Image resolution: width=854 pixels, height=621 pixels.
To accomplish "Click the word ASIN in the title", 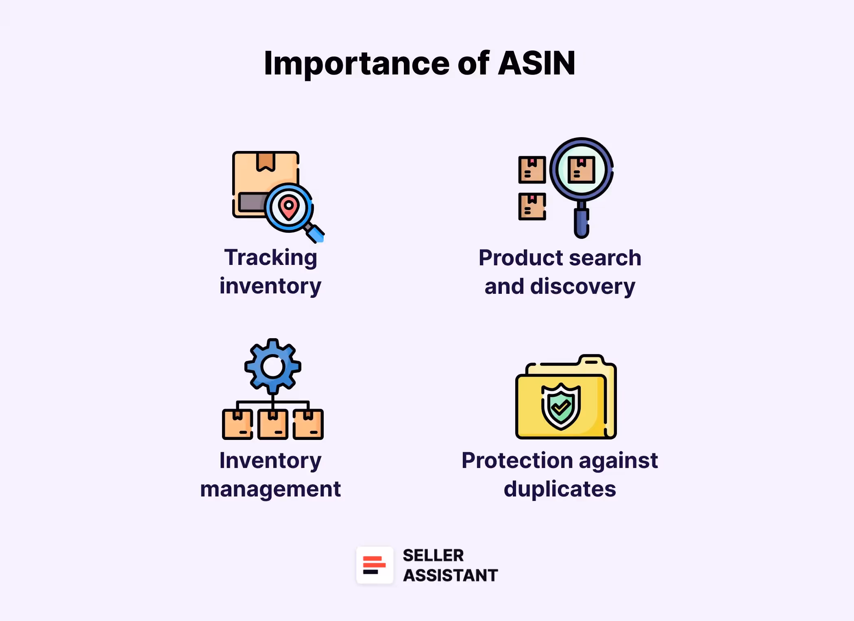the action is [x=536, y=63].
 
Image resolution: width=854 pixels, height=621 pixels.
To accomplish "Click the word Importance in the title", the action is [x=356, y=64].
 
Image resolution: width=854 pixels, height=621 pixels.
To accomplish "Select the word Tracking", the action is [x=270, y=258].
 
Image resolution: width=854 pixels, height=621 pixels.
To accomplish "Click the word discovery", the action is [x=582, y=286].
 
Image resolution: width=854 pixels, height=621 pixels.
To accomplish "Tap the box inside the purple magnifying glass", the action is [x=581, y=170].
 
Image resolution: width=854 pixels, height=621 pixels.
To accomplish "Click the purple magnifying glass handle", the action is [x=582, y=222].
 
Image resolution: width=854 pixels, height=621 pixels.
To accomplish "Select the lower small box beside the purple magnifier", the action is [x=532, y=207].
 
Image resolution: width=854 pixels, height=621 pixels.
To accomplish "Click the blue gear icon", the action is [x=273, y=366].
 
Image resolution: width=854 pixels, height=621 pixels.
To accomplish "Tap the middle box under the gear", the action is [x=273, y=424].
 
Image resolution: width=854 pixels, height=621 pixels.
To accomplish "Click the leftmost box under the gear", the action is [x=237, y=424].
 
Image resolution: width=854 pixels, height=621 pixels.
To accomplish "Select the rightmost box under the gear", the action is [x=308, y=424].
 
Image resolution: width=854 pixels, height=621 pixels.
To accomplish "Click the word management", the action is [x=270, y=489].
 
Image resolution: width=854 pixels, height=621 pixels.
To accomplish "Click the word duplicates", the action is [x=560, y=489].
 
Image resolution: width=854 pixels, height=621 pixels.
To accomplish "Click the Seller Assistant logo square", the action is [x=375, y=565].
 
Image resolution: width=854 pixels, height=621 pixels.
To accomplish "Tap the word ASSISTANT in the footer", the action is [x=450, y=575].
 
